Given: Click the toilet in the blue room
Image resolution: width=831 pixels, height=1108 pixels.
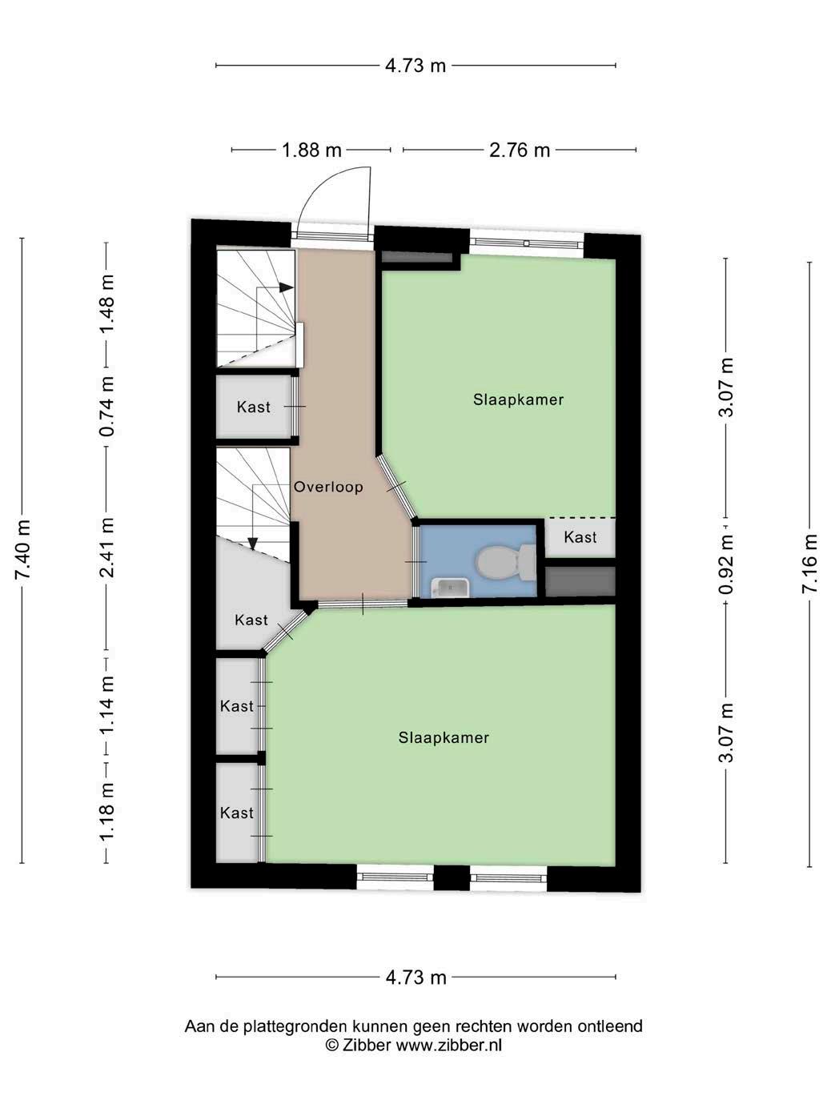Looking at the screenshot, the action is pos(506,562).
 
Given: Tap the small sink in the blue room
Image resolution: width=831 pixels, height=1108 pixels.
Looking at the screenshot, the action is pos(450,587).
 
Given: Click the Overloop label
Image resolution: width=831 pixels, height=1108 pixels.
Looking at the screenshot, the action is pos(328,487).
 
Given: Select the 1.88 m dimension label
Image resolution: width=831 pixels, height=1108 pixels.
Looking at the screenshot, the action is pos(311,150).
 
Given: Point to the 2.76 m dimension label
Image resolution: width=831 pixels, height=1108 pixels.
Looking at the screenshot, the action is pos(520,150).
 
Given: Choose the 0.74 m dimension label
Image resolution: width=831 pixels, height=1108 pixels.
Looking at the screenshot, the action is pos(106,407).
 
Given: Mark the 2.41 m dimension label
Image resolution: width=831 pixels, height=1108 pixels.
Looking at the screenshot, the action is pos(106,548).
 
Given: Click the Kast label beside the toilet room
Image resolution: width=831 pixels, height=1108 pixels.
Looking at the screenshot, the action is pos(580,537).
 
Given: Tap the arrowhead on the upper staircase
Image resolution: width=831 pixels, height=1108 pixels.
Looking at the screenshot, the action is pos(286,287).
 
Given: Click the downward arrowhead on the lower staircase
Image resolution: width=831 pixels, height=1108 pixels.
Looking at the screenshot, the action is pos(253,544).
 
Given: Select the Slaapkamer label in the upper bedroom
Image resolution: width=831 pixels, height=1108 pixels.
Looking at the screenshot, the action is pos(518,399).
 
